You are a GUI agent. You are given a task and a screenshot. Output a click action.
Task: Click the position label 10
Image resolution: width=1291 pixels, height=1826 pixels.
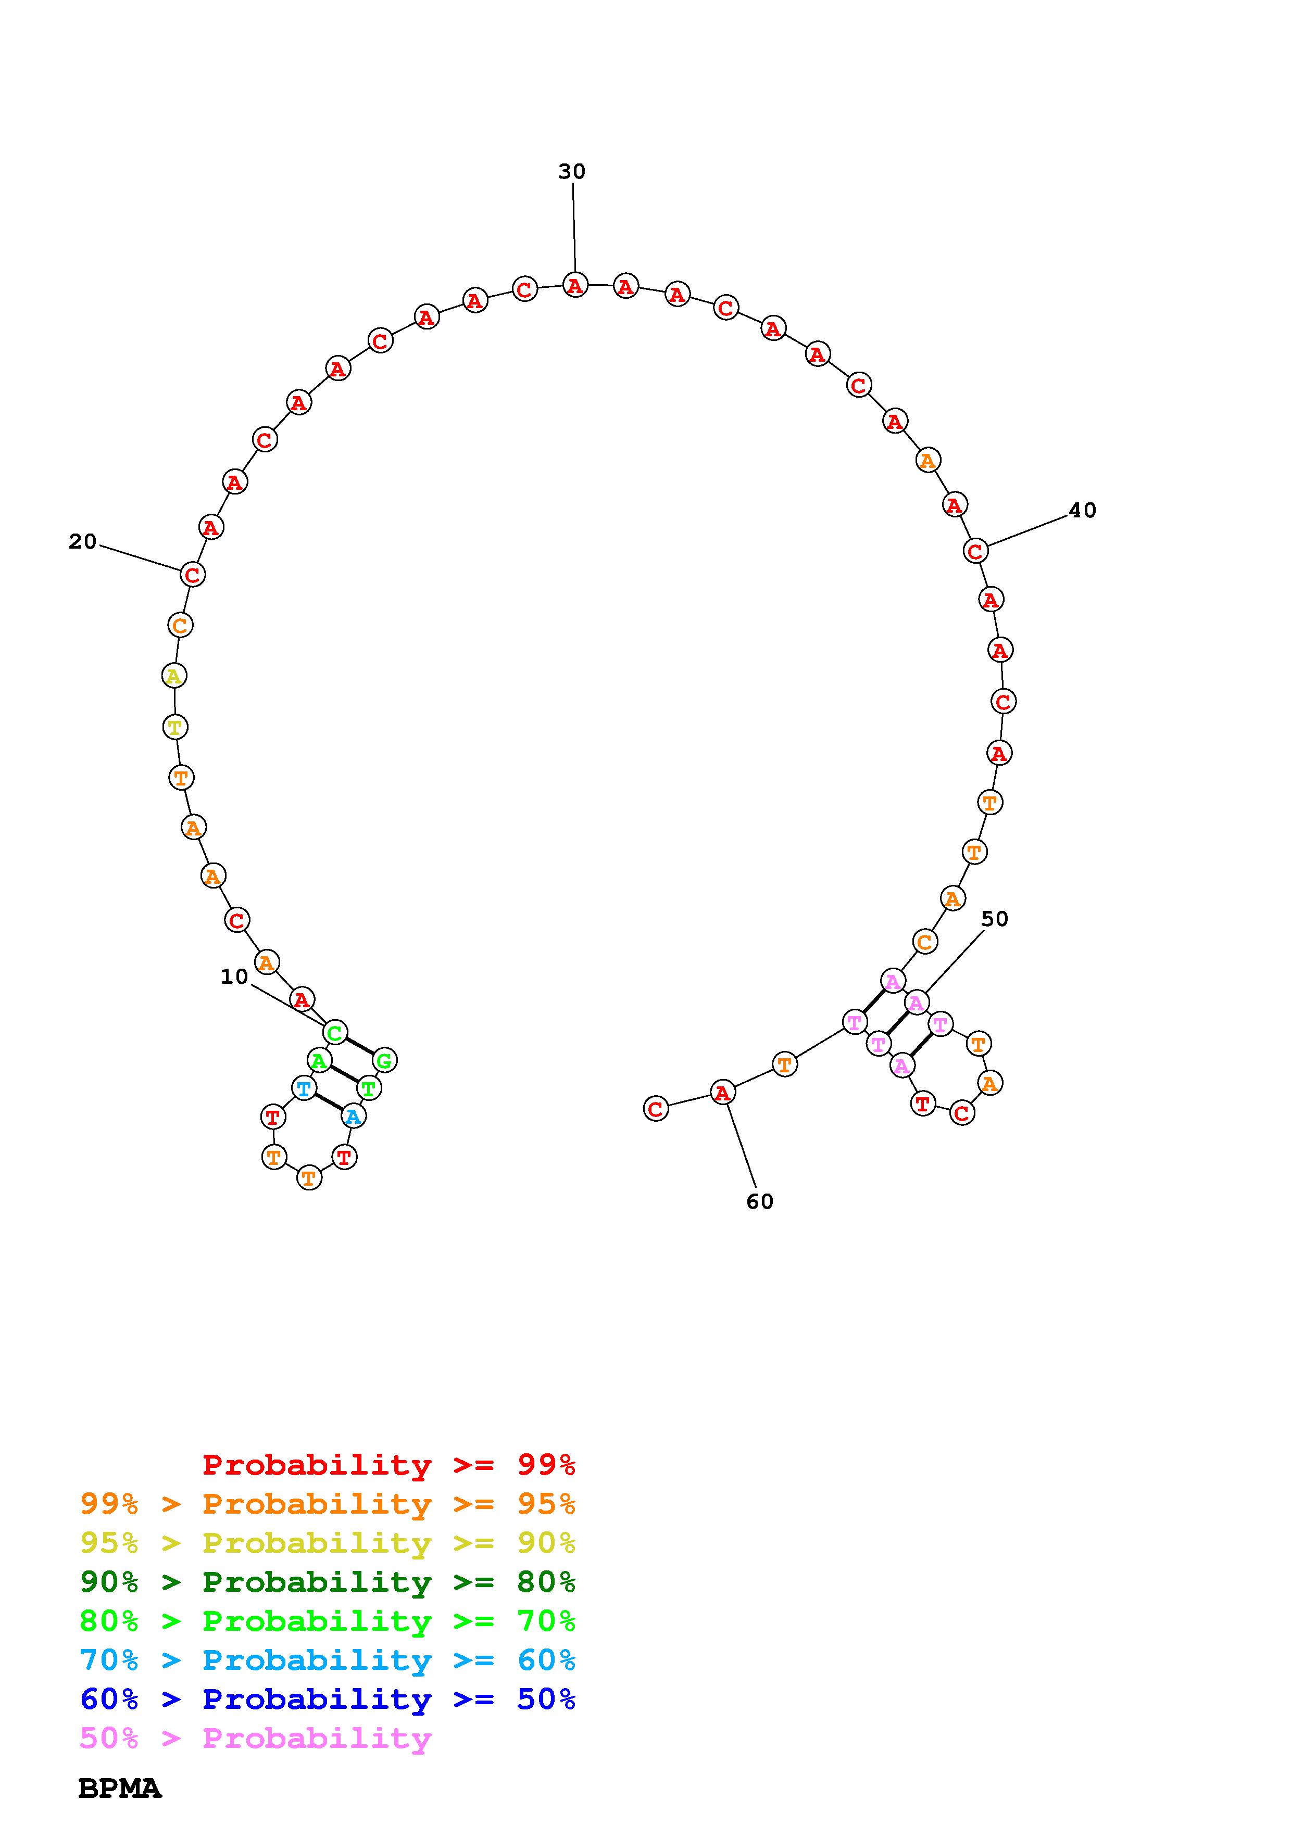(x=235, y=977)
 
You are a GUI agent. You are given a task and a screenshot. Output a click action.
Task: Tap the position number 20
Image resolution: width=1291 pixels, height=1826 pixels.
(x=83, y=541)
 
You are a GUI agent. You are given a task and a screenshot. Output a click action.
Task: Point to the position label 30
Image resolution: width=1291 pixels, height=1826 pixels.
(x=572, y=172)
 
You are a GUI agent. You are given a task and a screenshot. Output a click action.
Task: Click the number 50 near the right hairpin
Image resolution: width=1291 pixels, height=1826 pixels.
(x=994, y=919)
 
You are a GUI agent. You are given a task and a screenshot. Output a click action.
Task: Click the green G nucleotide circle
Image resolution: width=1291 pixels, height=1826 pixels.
(x=384, y=1060)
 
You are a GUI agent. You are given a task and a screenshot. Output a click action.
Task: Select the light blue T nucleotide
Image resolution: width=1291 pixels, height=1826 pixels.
(x=303, y=1088)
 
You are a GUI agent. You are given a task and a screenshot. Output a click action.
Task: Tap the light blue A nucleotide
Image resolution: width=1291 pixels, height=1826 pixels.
(x=353, y=1117)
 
